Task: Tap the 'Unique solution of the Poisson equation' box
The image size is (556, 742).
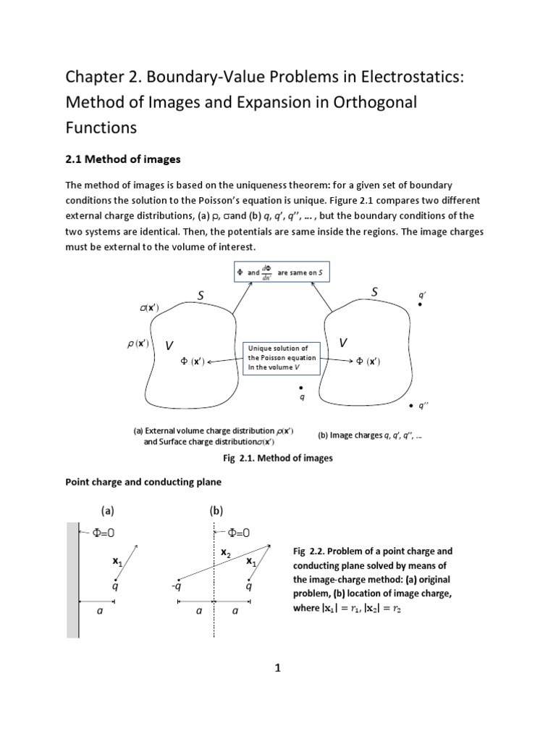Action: point(279,358)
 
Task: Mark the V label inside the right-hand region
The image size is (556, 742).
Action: point(343,343)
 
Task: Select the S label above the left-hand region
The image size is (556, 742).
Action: point(201,295)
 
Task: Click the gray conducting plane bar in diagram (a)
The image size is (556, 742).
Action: point(72,580)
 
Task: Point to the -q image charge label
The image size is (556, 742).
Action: point(176,586)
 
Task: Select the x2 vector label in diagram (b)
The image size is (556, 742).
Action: point(225,553)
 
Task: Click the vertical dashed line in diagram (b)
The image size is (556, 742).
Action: point(214,616)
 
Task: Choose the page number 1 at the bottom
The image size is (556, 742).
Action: point(277,670)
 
